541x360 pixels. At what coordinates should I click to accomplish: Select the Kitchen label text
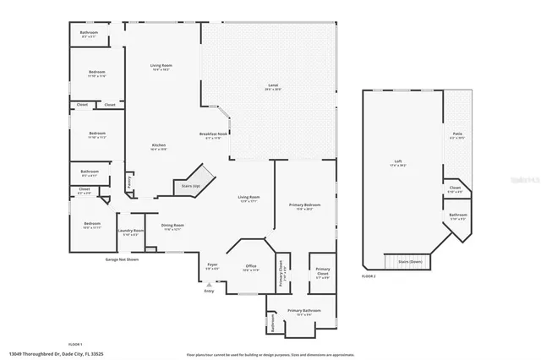(x=159, y=146)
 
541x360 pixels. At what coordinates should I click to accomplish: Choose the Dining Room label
(x=172, y=226)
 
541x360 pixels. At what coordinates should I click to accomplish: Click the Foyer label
(x=212, y=266)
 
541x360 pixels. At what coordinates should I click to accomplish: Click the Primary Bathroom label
(x=304, y=311)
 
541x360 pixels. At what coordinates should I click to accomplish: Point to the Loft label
(x=397, y=162)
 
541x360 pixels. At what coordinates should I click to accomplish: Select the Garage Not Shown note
(x=122, y=259)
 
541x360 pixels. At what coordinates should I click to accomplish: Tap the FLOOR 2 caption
(x=368, y=276)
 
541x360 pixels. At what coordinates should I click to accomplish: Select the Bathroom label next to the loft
(x=458, y=215)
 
